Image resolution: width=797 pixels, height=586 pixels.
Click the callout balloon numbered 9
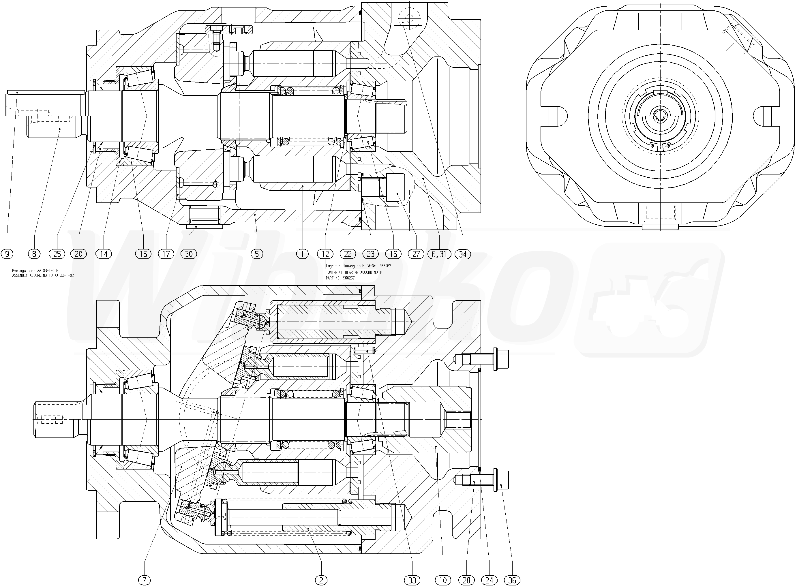pyautogui.click(x=7, y=254)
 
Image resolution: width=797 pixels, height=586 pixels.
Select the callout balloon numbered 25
pyautogui.click(x=57, y=254)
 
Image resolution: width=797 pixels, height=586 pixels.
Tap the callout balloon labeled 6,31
pyautogui.click(x=439, y=254)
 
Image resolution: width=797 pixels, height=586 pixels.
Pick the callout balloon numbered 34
pyautogui.click(x=463, y=254)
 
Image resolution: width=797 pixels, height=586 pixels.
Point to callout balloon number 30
pyautogui.click(x=189, y=254)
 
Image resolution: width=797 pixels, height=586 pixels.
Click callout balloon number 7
pyautogui.click(x=145, y=580)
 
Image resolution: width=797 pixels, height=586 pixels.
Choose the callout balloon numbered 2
pyautogui.click(x=321, y=580)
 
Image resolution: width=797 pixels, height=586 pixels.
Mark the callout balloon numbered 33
pyautogui.click(x=412, y=580)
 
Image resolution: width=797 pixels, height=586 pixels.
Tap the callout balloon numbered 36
pyautogui.click(x=512, y=580)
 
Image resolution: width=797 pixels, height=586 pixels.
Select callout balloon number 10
pyautogui.click(x=442, y=580)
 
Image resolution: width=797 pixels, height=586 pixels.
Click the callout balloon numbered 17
pyautogui.click(x=166, y=254)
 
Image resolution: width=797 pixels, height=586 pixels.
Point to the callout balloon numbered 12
pyautogui.click(x=325, y=254)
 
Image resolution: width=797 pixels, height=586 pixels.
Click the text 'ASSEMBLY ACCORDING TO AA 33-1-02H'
pyautogui.click(x=44, y=275)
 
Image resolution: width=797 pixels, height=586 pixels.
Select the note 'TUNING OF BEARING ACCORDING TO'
pyautogui.click(x=355, y=273)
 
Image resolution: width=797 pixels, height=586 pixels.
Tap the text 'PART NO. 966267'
pyautogui.click(x=340, y=278)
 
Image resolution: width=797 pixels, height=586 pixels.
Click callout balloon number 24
pyautogui.click(x=489, y=580)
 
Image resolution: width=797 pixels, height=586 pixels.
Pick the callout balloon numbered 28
pyautogui.click(x=466, y=580)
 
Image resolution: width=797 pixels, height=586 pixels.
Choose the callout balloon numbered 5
pyautogui.click(x=256, y=254)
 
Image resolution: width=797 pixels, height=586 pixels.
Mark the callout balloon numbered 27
pyautogui.click(x=416, y=254)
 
